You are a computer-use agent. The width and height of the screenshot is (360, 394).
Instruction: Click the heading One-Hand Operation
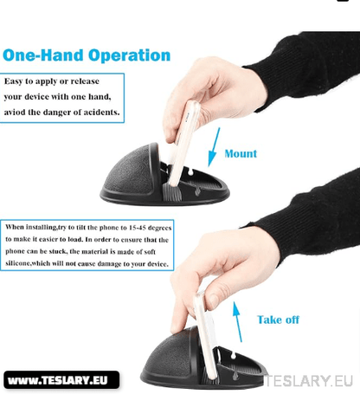(87, 56)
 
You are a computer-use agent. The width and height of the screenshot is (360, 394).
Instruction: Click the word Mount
(241, 153)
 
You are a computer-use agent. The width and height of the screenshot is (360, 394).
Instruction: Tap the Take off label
(278, 320)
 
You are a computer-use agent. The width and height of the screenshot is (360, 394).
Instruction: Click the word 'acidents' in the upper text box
(98, 113)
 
